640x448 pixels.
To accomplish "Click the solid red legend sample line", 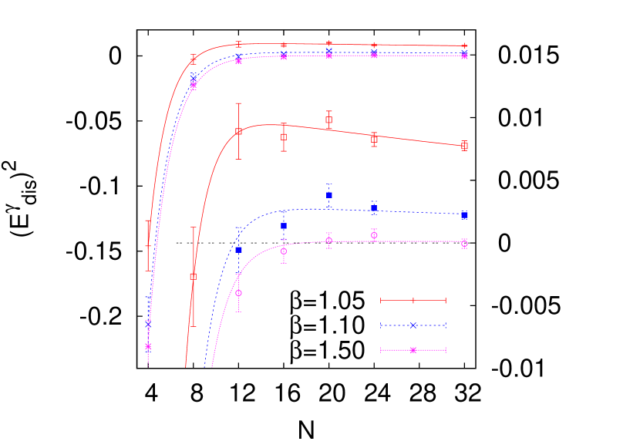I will coord(413,300).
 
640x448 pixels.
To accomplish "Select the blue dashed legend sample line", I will coord(413,325).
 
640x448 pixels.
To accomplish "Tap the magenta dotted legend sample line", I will coord(413,350).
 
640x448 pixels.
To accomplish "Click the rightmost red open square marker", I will coord(464,146).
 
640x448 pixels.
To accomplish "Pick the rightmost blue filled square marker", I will coord(464,216).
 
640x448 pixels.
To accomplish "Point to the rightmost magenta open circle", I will coord(464,243).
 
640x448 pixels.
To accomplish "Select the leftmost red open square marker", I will coord(193,276).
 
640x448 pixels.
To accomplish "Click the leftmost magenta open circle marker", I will coord(238,293).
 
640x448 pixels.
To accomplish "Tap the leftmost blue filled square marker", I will coord(238,250).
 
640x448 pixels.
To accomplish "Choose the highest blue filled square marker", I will coord(329,195).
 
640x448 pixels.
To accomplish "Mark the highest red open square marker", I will coord(329,120).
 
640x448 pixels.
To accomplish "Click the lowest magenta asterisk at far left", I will coord(148,347).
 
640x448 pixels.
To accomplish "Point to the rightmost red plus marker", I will coord(464,46).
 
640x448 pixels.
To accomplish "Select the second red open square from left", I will coord(238,131).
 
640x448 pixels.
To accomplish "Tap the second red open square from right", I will coord(374,140).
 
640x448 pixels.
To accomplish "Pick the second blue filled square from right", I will coord(374,207).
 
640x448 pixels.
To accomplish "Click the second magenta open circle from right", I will coord(374,235).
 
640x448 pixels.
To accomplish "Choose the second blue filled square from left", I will coord(284,226).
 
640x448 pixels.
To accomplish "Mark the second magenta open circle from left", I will coord(284,251).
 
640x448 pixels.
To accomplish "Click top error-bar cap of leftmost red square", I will coord(193,227).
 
